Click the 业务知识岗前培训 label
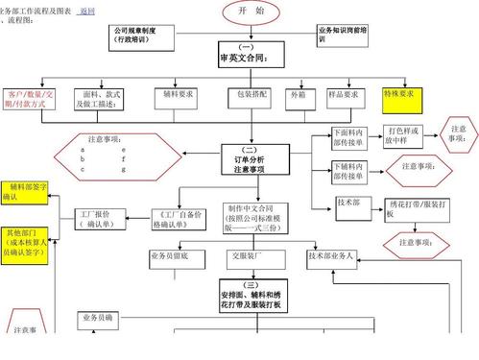346,36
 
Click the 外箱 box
299,97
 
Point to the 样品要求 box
344,97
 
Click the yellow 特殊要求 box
402,95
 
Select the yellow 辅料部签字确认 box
23,191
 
